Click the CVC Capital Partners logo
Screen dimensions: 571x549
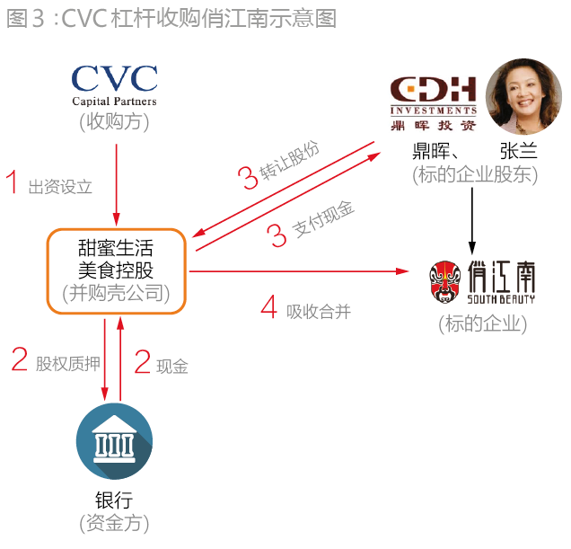(114, 86)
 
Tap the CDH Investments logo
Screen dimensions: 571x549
(433, 103)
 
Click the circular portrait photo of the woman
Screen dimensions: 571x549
(523, 97)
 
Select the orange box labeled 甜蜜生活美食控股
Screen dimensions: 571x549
(116, 271)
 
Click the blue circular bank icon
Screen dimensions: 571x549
(114, 441)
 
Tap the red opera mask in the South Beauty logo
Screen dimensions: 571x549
(444, 282)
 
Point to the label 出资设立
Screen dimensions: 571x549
(60, 187)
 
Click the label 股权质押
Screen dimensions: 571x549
(67, 364)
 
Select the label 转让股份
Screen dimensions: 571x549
(289, 160)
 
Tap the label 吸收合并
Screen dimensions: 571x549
(319, 312)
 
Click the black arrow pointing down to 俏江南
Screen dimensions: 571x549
(472, 221)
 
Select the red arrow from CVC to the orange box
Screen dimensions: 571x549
(117, 185)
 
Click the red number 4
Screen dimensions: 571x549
(268, 307)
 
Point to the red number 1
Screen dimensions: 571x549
(13, 182)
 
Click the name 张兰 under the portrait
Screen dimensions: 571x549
(519, 151)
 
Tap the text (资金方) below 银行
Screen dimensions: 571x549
(114, 524)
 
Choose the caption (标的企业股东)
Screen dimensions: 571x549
(475, 174)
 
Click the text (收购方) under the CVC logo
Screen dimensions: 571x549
(114, 122)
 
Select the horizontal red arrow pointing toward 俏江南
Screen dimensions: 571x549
(299, 271)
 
